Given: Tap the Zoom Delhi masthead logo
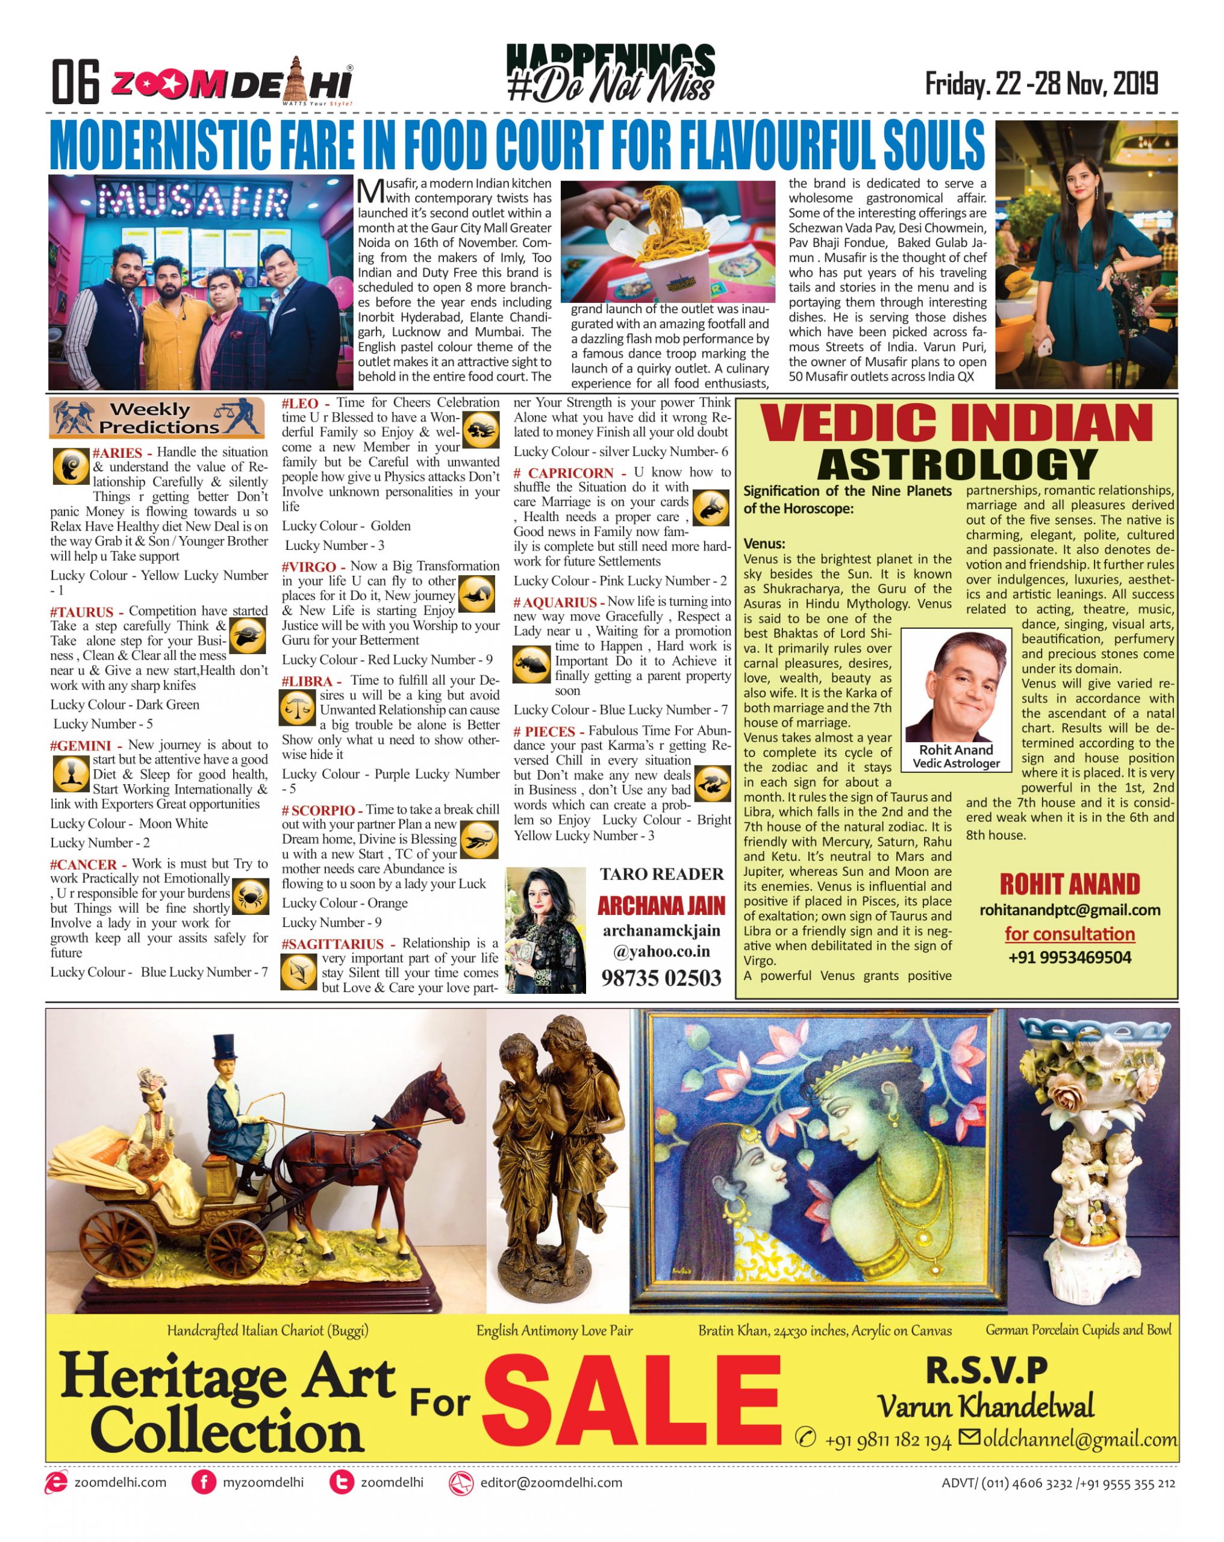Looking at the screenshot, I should (x=230, y=84).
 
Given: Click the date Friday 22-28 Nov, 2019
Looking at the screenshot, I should (x=1041, y=84).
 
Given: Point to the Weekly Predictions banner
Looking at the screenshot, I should (x=156, y=417).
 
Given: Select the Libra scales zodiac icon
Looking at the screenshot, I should (x=297, y=709).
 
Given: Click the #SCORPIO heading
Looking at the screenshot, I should (x=318, y=810).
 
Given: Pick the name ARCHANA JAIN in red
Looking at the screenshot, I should (x=661, y=906).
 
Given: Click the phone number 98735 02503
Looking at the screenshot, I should (x=661, y=978).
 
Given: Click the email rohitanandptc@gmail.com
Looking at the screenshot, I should (x=1069, y=910).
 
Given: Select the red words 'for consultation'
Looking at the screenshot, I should (x=1069, y=934).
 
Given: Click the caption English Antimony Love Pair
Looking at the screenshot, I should (x=554, y=1331).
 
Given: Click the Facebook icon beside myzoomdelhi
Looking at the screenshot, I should (x=204, y=1482).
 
